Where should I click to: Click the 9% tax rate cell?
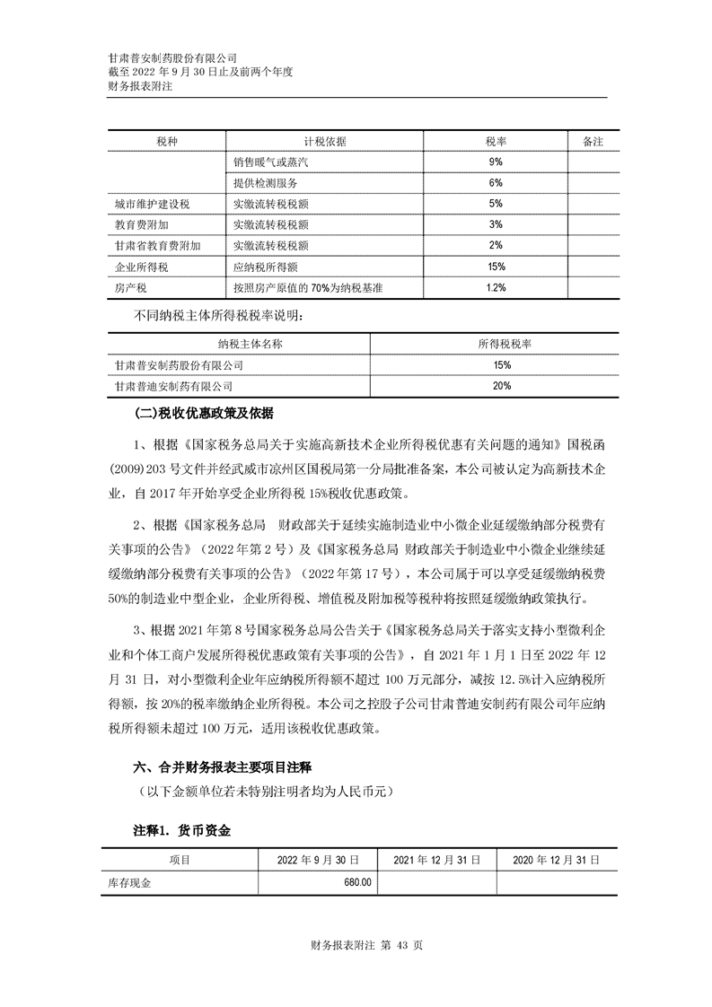pyautogui.click(x=496, y=162)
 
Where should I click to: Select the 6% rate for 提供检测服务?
pyautogui.click(x=496, y=183)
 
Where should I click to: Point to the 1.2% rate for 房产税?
pyautogui.click(x=496, y=287)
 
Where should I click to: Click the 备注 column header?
pyautogui.click(x=593, y=142)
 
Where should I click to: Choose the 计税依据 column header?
pyautogui.click(x=325, y=142)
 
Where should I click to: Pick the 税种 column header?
pyautogui.click(x=166, y=142)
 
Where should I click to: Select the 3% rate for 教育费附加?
pyautogui.click(x=496, y=224)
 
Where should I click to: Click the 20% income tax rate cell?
pyautogui.click(x=501, y=386)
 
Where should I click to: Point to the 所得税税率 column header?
pyautogui.click(x=501, y=344)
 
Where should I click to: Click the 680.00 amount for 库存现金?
pyautogui.click(x=357, y=883)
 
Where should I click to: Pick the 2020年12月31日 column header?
pyautogui.click(x=555, y=860)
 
